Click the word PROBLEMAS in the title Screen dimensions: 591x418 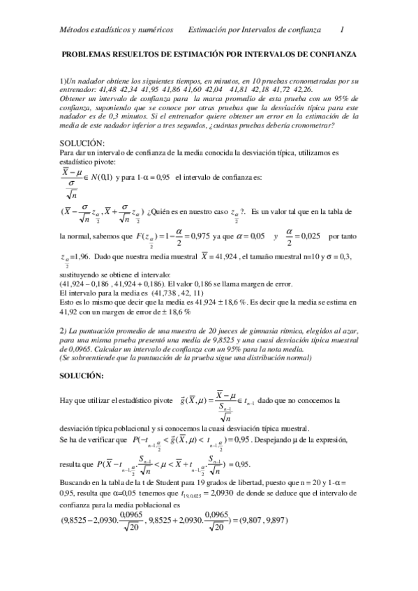coord(89,54)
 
